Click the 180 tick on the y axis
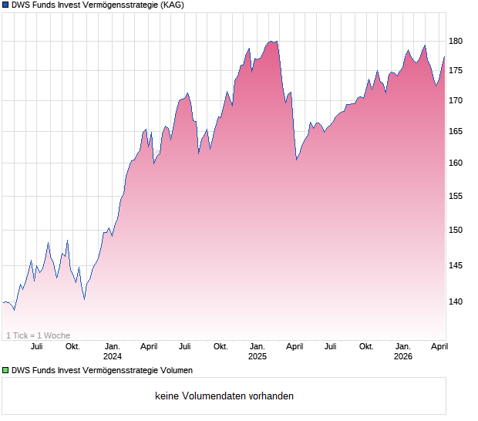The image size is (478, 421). coord(456,41)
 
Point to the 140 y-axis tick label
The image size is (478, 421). coord(456,301)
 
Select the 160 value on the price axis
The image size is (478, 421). coord(456,163)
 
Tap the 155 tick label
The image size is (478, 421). coord(456,197)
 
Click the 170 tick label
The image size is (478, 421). coord(456,100)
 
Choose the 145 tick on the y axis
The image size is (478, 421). coord(456,266)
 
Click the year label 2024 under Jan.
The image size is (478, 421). coord(113,356)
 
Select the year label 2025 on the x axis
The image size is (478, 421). coord(257,356)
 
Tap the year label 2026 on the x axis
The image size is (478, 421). coord(402,356)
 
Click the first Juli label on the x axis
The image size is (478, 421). coord(37,347)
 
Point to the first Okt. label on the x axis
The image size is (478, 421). coord(72,347)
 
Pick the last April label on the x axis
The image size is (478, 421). coord(439,347)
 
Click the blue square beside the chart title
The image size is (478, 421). coord(5,5)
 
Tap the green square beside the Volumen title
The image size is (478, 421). coord(5,371)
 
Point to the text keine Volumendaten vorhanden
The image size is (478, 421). coord(224,396)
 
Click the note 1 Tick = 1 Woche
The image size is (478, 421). coord(39,335)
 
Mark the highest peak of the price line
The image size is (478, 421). coord(276,41)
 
